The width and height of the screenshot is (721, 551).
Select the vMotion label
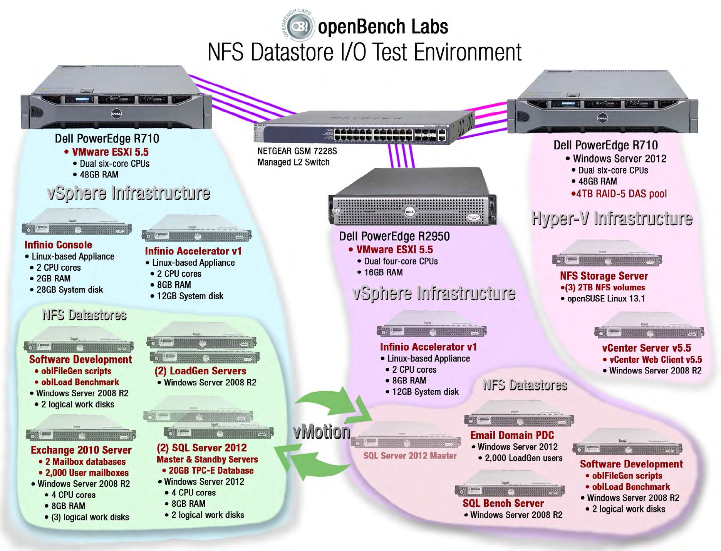(322, 432)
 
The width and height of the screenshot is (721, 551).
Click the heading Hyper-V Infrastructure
(612, 218)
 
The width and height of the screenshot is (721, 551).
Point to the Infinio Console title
(58, 245)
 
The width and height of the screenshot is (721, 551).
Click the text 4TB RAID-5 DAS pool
(621, 194)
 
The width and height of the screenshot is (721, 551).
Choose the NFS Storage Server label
(604, 276)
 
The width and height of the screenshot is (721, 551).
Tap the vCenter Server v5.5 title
(647, 348)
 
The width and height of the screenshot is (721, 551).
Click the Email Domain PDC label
(512, 435)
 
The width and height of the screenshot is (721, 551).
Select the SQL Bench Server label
(503, 503)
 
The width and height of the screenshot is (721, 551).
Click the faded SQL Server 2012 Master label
(410, 456)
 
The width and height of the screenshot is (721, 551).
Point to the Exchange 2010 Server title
(81, 450)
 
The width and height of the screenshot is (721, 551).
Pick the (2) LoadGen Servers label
(200, 371)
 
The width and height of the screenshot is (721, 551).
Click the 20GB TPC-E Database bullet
(211, 471)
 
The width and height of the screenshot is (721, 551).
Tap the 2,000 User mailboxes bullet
(87, 473)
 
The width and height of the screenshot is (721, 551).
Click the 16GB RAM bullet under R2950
(383, 273)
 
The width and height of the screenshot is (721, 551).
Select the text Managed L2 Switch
(293, 162)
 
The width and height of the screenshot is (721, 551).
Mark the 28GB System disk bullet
(69, 290)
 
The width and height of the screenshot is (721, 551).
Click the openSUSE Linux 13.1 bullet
(605, 298)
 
